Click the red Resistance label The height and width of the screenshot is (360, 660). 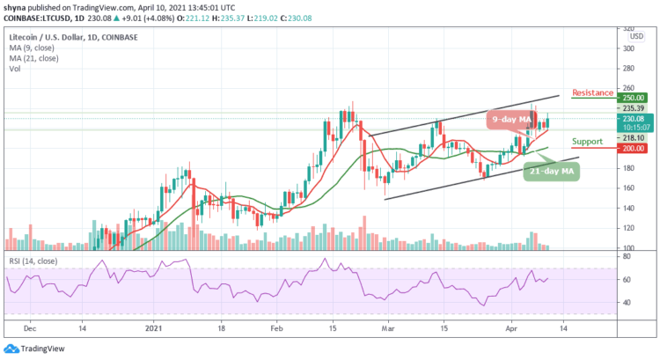pyautogui.click(x=592, y=92)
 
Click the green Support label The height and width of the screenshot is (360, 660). pyautogui.click(x=586, y=141)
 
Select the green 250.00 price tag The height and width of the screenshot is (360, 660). pyautogui.click(x=634, y=98)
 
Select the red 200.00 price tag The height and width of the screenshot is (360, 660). pyautogui.click(x=634, y=148)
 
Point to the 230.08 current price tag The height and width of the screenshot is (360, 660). pyautogui.click(x=634, y=119)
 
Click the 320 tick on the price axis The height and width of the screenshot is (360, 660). pyautogui.click(x=629, y=29)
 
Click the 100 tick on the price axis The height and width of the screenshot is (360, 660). pyautogui.click(x=629, y=249)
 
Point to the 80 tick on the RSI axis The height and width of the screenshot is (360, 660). pyautogui.click(x=627, y=257)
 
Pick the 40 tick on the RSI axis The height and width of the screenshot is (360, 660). pyautogui.click(x=627, y=302)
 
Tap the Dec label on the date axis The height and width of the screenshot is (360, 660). pyautogui.click(x=29, y=325)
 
